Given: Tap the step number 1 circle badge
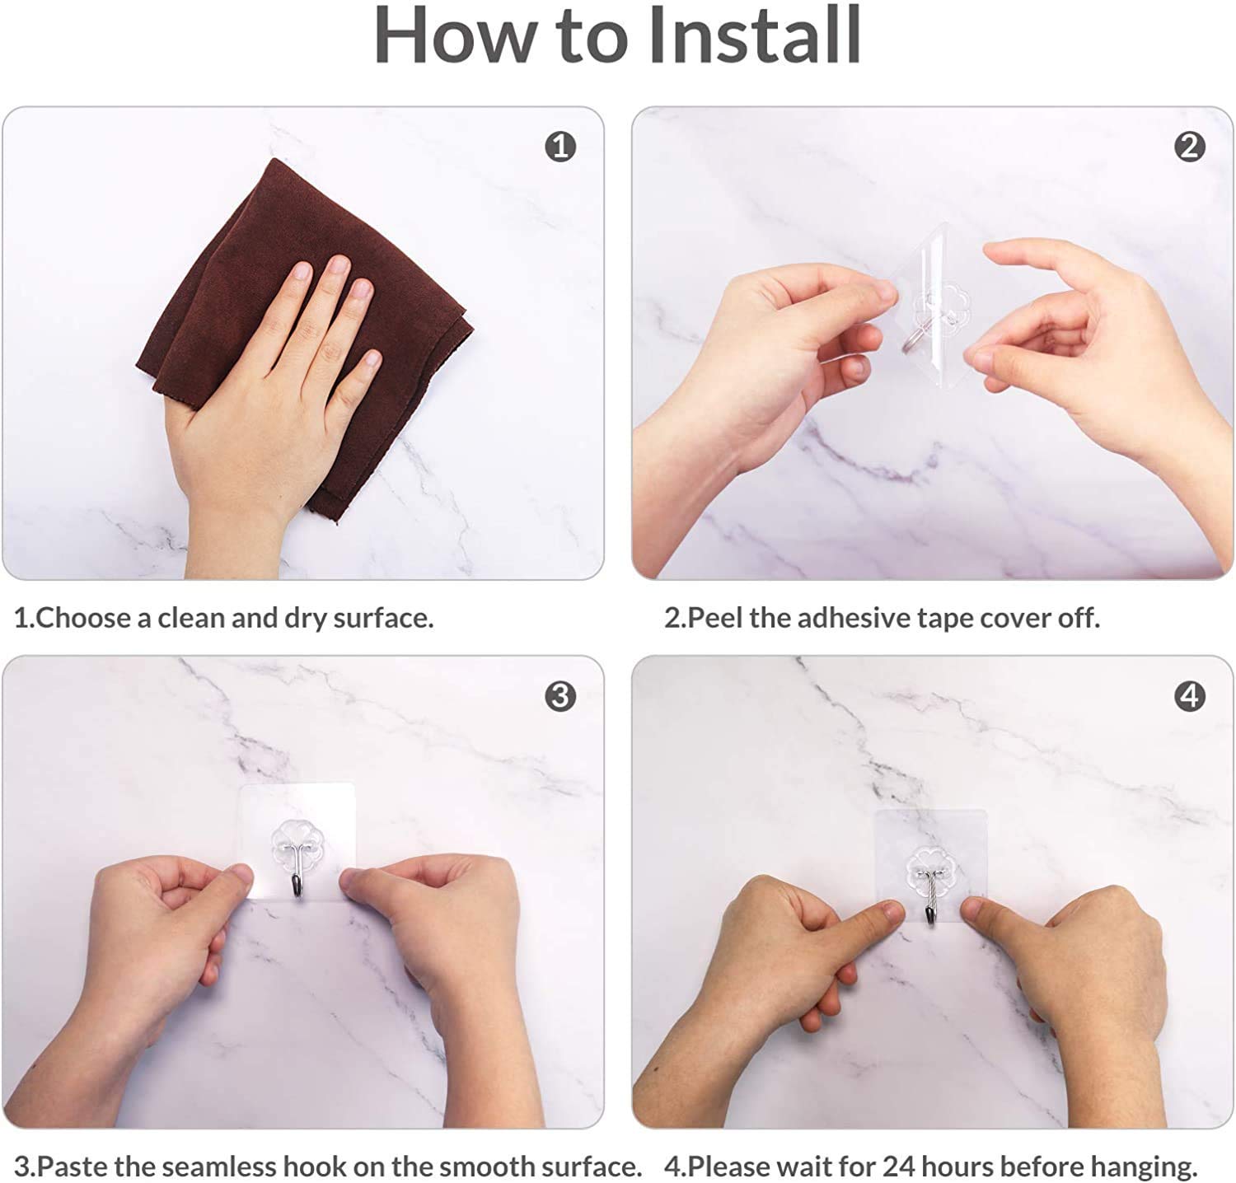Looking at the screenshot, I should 560,147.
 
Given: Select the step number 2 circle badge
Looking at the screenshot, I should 1189,147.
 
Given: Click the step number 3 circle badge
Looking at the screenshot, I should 560,696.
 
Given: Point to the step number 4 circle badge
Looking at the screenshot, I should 1189,696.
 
